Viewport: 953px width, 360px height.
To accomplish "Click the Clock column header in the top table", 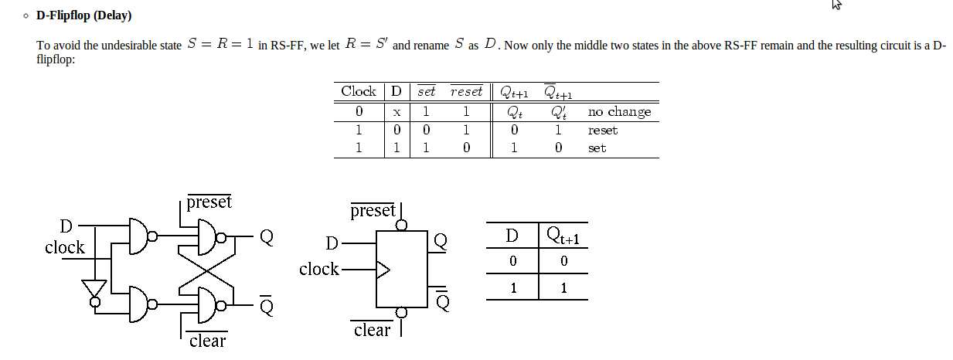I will coord(359,91).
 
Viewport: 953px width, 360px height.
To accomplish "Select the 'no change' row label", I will coord(619,112).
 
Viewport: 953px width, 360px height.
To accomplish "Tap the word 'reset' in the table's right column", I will coord(602,131).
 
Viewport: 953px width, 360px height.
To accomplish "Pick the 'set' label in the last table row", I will coord(597,148).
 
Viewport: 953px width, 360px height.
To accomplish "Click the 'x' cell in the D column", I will coord(396,113).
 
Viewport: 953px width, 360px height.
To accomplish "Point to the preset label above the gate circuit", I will coord(209,202).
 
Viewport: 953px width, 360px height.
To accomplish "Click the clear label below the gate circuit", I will coord(207,341).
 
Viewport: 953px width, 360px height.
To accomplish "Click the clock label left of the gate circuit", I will coord(65,248).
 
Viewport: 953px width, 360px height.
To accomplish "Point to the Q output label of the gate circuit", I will coord(266,236).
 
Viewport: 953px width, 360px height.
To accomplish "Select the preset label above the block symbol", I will coord(373,211).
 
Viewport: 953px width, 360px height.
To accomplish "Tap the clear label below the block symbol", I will coord(373,331).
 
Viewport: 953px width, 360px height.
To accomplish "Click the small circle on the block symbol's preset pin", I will coord(402,226).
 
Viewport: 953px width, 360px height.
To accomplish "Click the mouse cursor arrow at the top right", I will coord(836,5).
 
